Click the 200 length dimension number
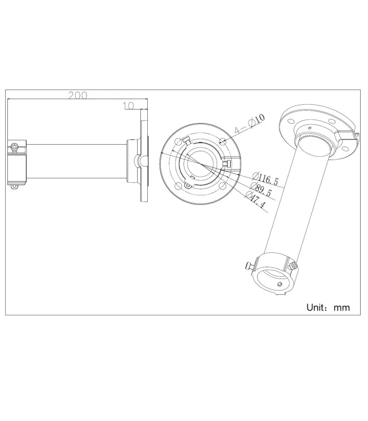coord(78,96)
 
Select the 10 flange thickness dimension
coord(128,106)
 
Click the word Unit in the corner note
coord(317,307)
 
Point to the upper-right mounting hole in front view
coord(224,141)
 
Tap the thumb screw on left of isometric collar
coord(250,266)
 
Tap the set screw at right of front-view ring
coord(226,165)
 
